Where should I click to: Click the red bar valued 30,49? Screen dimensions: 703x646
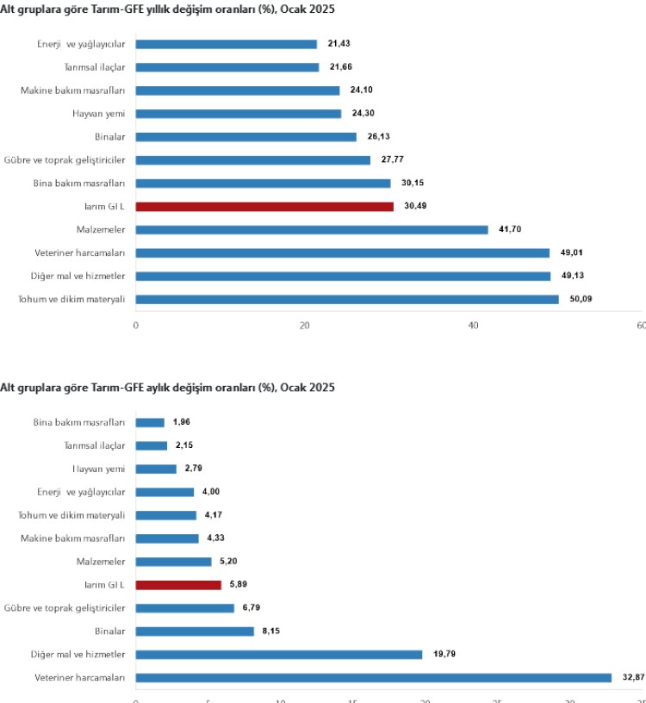[264, 207]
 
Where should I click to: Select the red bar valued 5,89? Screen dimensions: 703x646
[178, 585]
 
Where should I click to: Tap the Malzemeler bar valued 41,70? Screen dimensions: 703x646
[312, 230]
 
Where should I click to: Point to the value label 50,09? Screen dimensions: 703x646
[581, 299]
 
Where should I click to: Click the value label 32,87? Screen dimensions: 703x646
[633, 678]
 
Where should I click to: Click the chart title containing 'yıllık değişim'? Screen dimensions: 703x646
[168, 9]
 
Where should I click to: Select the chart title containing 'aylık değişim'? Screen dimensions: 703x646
[167, 388]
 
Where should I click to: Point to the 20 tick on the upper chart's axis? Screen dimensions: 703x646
[304, 326]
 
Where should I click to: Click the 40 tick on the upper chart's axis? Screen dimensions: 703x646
[474, 326]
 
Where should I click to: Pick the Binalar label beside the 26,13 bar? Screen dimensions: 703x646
[110, 136]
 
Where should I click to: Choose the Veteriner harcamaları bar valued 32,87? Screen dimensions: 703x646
[373, 678]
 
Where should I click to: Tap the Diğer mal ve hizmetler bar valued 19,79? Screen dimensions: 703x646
[279, 655]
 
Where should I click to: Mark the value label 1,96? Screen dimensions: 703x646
[181, 422]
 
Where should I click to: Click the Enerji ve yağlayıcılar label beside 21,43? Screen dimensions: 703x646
[82, 44]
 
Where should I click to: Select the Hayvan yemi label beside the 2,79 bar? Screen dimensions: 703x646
[99, 469]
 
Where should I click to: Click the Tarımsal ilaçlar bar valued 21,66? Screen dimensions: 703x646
[227, 67]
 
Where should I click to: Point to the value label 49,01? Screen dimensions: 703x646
[572, 253]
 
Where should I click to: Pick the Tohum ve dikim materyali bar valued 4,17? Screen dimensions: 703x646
[166, 515]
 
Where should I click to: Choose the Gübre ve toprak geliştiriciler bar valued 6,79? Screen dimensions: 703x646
[185, 608]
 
